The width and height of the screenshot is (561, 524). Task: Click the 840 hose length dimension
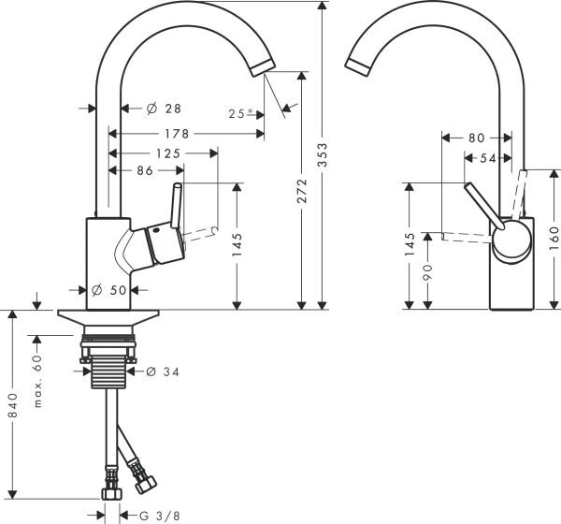pos(11,403)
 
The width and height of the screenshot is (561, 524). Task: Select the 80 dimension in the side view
pos(477,138)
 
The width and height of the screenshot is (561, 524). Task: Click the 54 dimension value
pos(488,159)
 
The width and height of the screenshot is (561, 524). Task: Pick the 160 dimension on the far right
pos(553,230)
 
